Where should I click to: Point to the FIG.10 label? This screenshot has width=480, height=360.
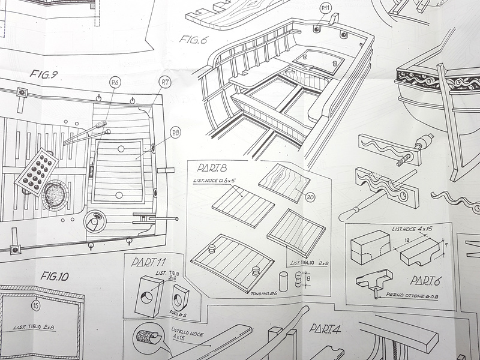[x=55, y=277]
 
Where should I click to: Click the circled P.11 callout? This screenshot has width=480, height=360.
[x=325, y=9]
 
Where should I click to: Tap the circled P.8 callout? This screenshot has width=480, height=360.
[x=176, y=132]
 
